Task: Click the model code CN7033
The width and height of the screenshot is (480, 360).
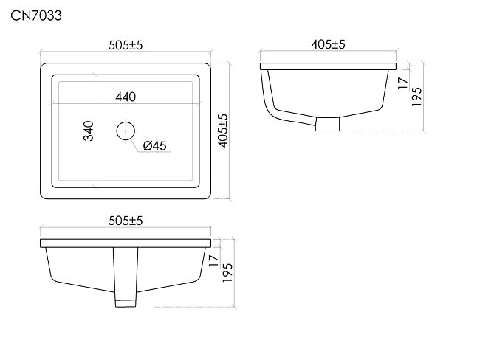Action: pos(36,15)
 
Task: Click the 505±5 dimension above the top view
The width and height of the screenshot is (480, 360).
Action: pos(126,45)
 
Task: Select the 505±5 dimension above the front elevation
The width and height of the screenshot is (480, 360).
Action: pos(126,221)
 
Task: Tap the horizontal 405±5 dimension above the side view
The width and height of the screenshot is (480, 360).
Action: pos(328,45)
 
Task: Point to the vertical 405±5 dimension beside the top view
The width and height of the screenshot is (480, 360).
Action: pos(224,131)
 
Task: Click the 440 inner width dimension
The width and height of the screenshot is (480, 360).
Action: pos(126,97)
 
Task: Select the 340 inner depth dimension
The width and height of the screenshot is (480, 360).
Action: pos(89,131)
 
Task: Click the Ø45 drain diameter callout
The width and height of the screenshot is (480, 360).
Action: pos(154,146)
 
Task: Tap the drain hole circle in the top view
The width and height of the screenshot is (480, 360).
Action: pos(126,122)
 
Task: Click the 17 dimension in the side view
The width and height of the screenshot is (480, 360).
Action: pos(403,83)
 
